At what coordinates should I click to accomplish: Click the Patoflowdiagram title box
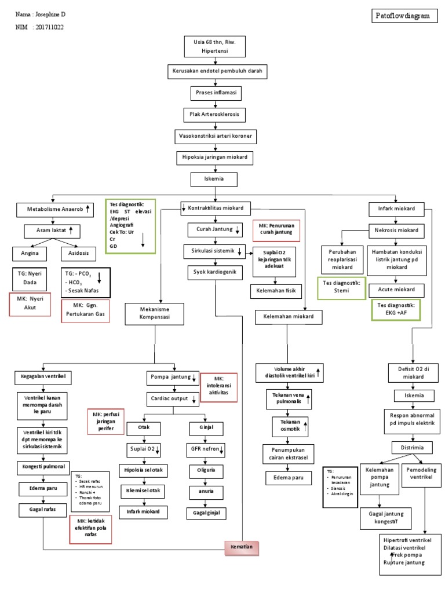click(x=404, y=16)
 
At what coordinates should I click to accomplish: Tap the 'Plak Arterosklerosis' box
click(x=215, y=114)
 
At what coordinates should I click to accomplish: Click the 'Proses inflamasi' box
click(x=215, y=93)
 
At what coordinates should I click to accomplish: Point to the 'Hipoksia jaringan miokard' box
click(x=215, y=158)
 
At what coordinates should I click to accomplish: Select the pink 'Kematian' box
click(x=243, y=547)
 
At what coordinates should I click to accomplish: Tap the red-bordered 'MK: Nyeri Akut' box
click(x=30, y=304)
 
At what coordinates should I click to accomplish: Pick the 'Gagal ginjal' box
click(x=206, y=513)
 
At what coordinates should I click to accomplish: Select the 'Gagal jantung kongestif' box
click(x=382, y=517)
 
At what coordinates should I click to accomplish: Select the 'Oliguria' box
click(x=206, y=470)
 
